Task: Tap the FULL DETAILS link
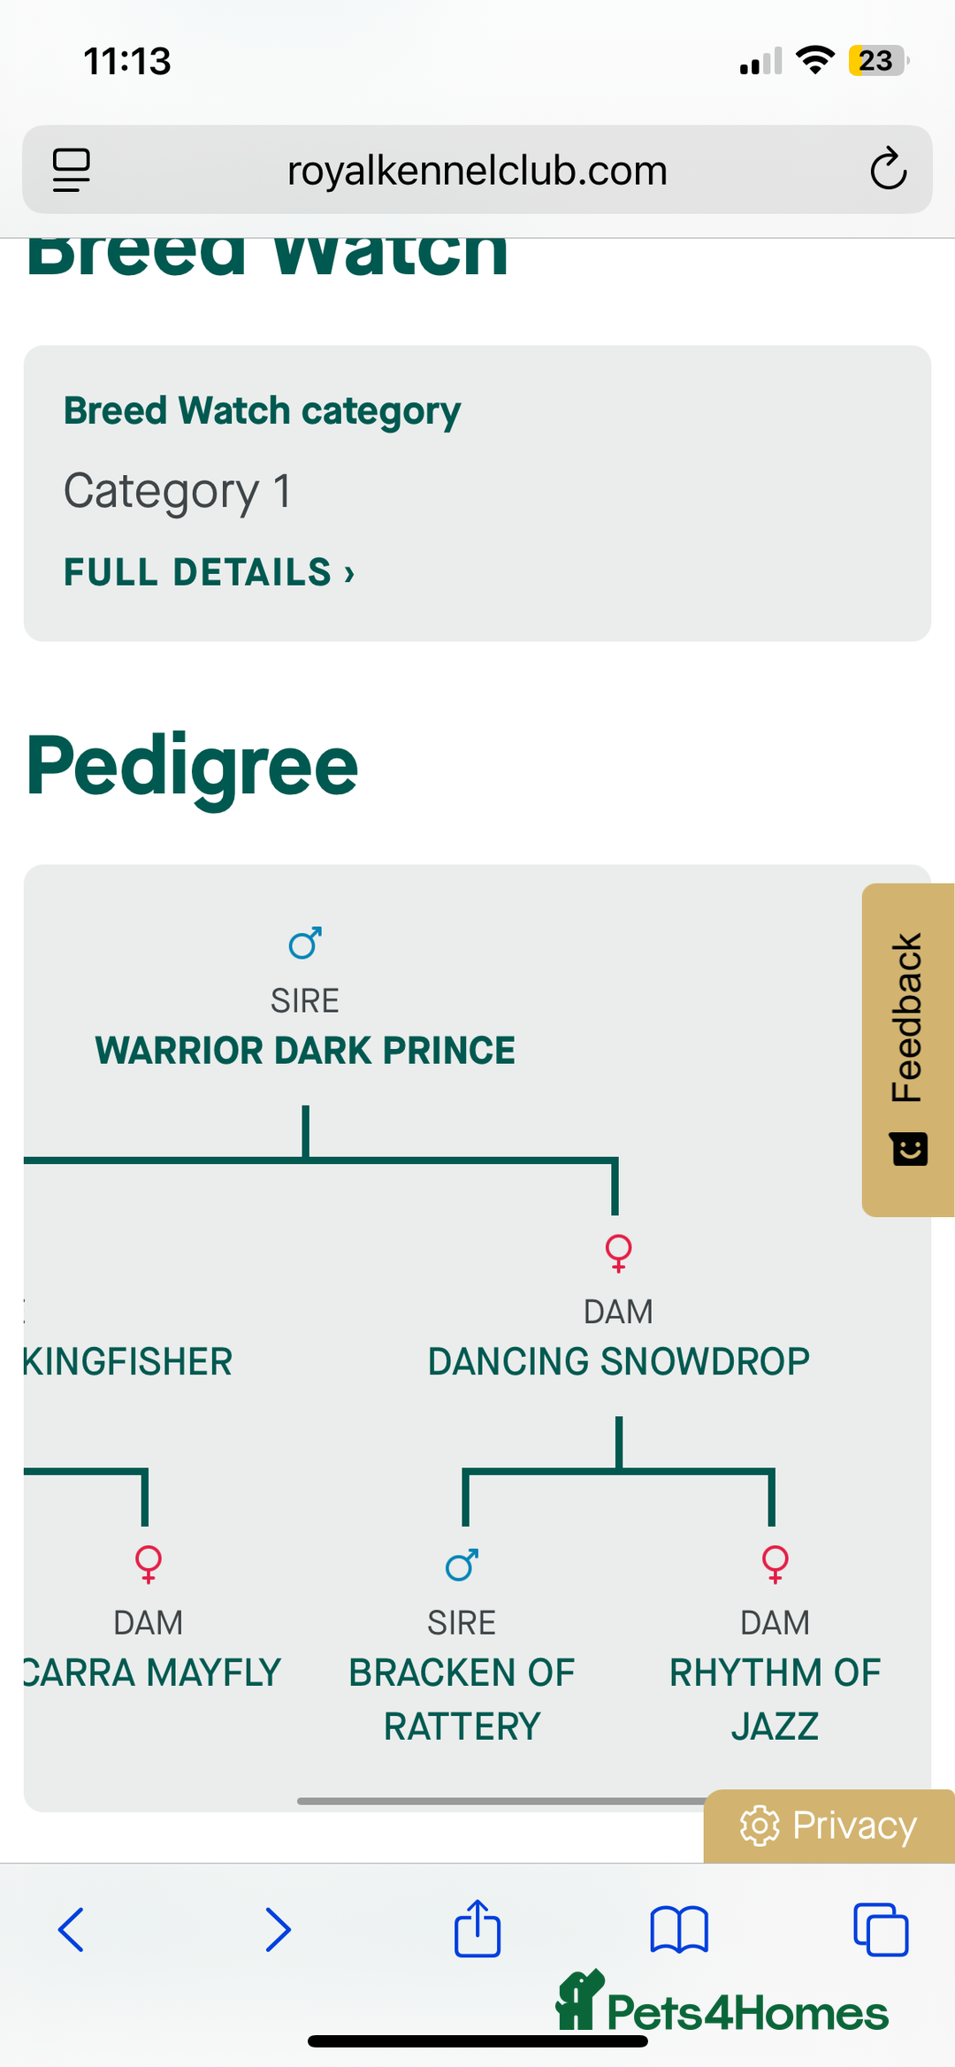pos(209,572)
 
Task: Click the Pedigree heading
pos(192,766)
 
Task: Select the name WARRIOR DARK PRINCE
pos(305,1051)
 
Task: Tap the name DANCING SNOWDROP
pos(618,1362)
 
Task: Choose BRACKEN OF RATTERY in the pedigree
pos(462,1699)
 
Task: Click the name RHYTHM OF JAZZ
pos(775,1699)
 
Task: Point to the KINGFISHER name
pos(128,1362)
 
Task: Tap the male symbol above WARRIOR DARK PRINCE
pos(305,944)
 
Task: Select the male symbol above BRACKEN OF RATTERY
pos(462,1565)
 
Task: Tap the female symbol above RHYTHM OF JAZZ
pos(775,1564)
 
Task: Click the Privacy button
pos(829,1826)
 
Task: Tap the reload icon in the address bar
pos(888,169)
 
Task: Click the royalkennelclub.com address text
pos(477,171)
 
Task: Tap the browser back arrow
pos(71,1929)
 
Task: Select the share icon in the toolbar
pos(477,1928)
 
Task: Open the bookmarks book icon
pos(679,1929)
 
